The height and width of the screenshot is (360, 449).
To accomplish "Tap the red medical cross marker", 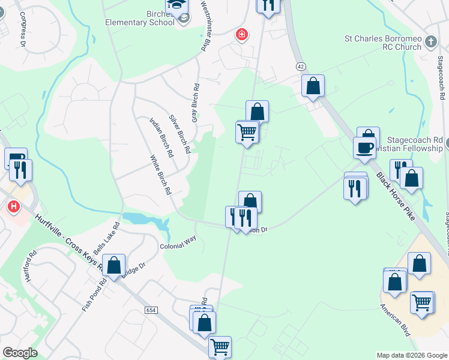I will click(x=242, y=35).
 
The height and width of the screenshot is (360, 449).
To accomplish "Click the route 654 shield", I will click(x=151, y=310).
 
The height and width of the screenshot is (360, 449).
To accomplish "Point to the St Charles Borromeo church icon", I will click(x=430, y=41).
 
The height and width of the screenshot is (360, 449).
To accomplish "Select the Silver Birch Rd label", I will click(x=179, y=133).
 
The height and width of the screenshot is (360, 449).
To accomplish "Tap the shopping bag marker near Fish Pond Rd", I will click(x=113, y=265).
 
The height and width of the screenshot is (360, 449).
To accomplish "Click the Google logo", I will click(x=19, y=353).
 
